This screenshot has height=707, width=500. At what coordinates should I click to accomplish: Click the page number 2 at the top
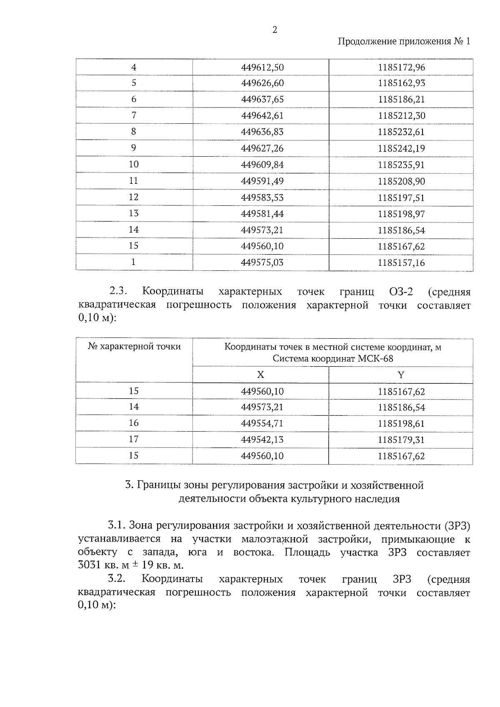tap(274, 30)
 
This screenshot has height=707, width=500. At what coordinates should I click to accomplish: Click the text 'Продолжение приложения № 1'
tap(404, 42)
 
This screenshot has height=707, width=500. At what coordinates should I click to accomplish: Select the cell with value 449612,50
tap(262, 67)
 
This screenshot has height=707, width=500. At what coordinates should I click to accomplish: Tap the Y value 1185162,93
tap(401, 83)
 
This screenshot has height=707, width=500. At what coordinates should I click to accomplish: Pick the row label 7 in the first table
tap(134, 115)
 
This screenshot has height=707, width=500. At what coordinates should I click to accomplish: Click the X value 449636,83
tap(262, 132)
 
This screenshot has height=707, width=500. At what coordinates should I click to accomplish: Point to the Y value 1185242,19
tap(401, 148)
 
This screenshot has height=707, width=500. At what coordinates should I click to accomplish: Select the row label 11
tap(133, 181)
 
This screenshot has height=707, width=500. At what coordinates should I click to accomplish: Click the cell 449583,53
tap(262, 197)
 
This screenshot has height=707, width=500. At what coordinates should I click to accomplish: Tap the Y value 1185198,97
tap(401, 214)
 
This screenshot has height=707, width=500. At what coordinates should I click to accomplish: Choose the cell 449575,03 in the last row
tap(262, 262)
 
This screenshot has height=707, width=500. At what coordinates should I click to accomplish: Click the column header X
tap(260, 375)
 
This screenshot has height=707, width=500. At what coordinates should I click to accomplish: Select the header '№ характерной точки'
tap(134, 347)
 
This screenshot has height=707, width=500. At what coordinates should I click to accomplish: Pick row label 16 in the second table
tap(133, 423)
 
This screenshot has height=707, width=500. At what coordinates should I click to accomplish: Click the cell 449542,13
tap(262, 440)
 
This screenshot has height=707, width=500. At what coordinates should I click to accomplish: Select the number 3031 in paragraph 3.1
tap(89, 566)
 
